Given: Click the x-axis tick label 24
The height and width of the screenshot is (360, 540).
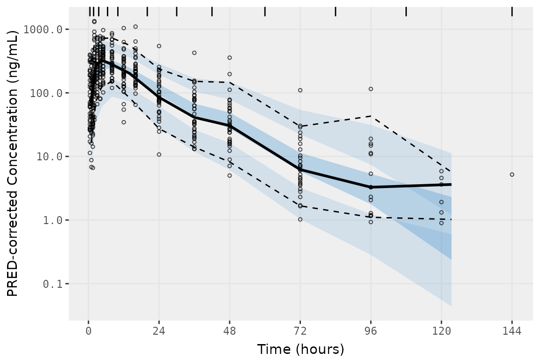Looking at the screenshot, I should [x=159, y=331].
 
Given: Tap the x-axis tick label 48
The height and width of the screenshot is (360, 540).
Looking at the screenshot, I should [x=230, y=331].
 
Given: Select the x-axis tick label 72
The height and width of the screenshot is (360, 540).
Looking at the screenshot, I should [x=300, y=331].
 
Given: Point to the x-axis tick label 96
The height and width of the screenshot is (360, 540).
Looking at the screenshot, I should [x=371, y=331].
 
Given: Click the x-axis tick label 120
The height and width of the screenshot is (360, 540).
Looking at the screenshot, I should [x=441, y=331].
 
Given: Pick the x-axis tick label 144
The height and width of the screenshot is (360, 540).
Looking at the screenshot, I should [x=512, y=331].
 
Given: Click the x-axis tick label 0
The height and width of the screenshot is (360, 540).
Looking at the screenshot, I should [x=88, y=331].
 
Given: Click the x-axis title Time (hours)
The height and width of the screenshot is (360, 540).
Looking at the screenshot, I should [x=300, y=349].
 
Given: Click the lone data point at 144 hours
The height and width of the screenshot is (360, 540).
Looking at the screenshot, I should [x=512, y=174].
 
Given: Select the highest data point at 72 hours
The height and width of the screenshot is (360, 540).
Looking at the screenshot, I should [x=300, y=90].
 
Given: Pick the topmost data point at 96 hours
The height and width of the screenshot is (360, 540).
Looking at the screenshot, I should [x=371, y=89].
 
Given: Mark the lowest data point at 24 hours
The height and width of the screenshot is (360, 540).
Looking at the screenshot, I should [x=159, y=154].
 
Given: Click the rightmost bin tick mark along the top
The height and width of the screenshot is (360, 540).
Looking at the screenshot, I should [x=512, y=11].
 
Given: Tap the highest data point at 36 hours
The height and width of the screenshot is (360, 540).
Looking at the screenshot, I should [x=194, y=52].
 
